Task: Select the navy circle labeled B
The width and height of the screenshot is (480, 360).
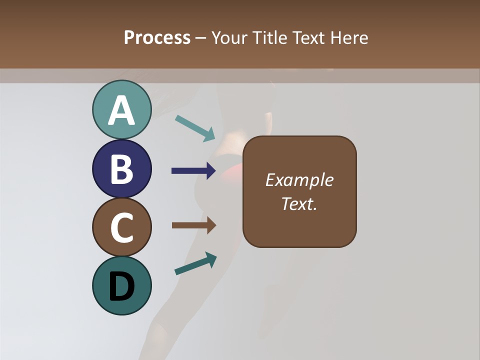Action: [121, 169]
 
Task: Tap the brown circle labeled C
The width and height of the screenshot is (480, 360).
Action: [121, 227]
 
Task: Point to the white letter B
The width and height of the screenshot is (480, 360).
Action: [121, 169]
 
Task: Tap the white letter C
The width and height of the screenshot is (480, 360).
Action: [121, 227]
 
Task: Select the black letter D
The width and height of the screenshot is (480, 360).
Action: [121, 286]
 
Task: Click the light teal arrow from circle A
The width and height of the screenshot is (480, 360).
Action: [195, 128]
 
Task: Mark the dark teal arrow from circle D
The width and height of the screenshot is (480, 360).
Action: [195, 264]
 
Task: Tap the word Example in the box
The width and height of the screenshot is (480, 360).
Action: [299, 180]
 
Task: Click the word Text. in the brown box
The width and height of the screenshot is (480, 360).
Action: [299, 204]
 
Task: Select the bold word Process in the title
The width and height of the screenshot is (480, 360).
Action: [157, 37]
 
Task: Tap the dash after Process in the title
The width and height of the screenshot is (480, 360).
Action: [200, 38]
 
